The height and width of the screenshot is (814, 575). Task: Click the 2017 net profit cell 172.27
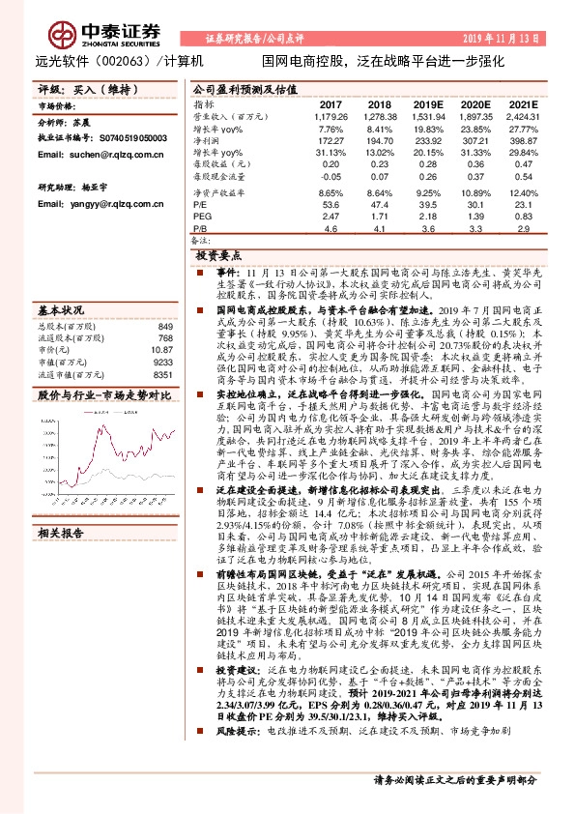click(x=331, y=140)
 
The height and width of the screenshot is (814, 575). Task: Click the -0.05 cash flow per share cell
click(x=331, y=179)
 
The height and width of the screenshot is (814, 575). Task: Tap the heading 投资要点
click(x=218, y=256)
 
